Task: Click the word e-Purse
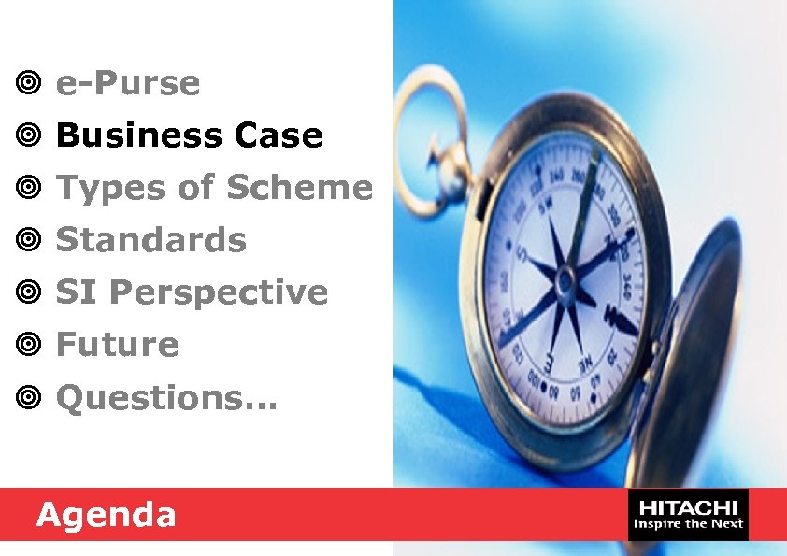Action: click(128, 84)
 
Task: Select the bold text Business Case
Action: click(189, 136)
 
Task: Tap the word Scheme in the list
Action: click(299, 188)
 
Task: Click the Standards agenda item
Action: click(151, 240)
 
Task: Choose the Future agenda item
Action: click(117, 345)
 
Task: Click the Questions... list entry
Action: click(166, 398)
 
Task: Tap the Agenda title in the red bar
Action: click(106, 514)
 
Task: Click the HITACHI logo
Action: click(688, 514)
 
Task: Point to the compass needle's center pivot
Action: click(565, 278)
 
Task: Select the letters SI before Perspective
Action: click(77, 293)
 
